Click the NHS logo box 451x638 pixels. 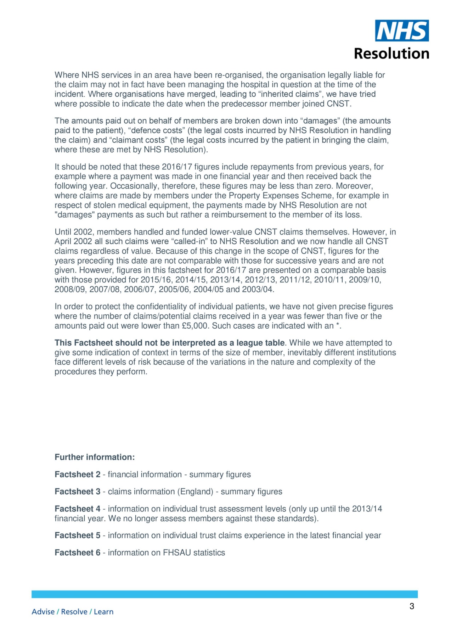402,31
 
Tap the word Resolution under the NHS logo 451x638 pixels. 391,54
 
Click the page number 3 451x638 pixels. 412,606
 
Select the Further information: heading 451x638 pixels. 95,457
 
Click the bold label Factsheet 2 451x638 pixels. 78,475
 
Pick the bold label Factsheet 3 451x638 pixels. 78,492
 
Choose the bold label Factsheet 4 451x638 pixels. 78,509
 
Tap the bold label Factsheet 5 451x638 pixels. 78,536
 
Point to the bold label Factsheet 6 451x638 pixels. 78,553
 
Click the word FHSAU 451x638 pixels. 177,553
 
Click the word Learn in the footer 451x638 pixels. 104,612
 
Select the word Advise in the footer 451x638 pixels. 43,612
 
